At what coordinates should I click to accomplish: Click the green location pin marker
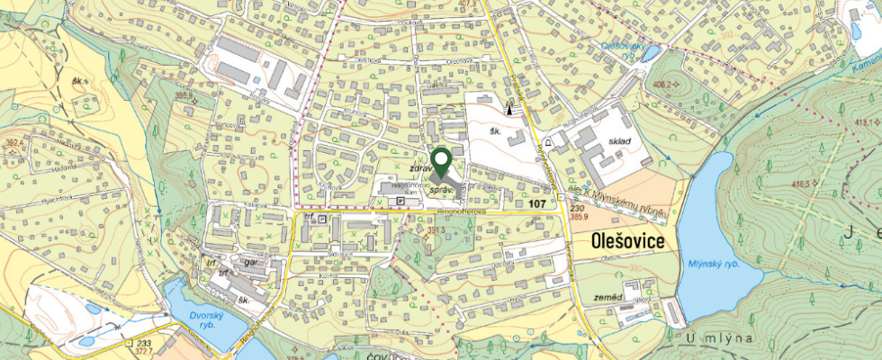pyautogui.click(x=441, y=161)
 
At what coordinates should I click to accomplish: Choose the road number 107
pyautogui.click(x=538, y=204)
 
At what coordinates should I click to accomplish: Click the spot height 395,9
pyautogui.click(x=185, y=94)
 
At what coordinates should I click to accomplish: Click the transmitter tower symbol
pyautogui.click(x=511, y=109)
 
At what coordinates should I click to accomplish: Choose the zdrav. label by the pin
pyautogui.click(x=422, y=168)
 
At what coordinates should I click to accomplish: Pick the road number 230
pyautogui.click(x=577, y=208)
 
